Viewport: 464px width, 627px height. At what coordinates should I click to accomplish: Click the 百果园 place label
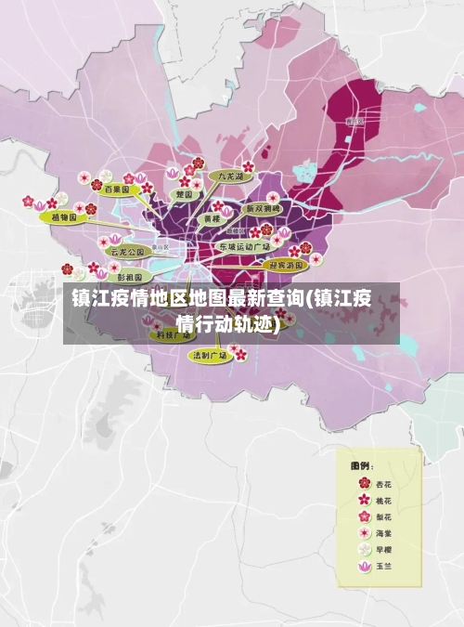coord(116,189)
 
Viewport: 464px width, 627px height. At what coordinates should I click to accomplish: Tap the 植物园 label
coord(66,216)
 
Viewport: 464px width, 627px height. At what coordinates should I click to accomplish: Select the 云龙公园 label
coord(128,251)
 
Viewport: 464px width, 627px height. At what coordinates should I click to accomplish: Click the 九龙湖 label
coord(230,176)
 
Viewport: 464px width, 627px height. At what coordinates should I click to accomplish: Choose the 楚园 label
coord(185,195)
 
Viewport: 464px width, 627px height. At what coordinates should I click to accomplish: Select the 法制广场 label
coord(209,355)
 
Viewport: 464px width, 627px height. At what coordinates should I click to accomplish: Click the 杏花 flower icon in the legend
coord(364,483)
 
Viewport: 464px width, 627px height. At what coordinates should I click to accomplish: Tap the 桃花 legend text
coord(384,500)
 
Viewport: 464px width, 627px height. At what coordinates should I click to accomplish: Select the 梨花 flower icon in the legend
coord(364,516)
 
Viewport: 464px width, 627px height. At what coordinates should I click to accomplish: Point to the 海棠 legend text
coord(384,533)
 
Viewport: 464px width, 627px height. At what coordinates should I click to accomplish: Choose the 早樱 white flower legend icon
coord(364,550)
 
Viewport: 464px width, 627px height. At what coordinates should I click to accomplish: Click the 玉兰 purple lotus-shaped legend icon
coord(364,567)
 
